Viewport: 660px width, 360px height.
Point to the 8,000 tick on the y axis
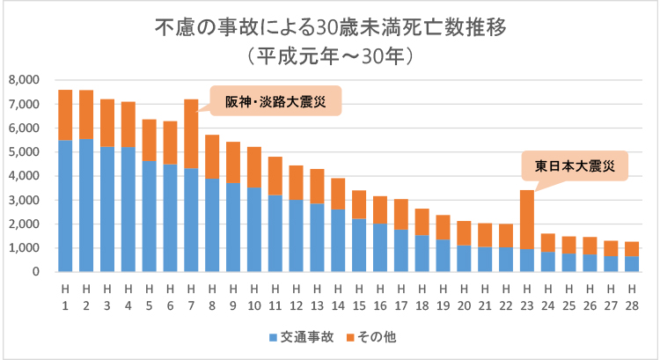pos(23,80)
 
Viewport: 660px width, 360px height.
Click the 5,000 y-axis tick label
pos(23,152)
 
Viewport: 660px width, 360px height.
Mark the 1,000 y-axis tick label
pos(23,248)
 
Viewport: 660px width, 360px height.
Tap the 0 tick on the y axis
pos(35,272)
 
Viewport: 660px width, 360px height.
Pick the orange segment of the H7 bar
pos(192,133)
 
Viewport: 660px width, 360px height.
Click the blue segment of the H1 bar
pos(64,206)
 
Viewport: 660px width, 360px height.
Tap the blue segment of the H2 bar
pos(85,205)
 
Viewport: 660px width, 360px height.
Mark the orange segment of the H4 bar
pos(128,124)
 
